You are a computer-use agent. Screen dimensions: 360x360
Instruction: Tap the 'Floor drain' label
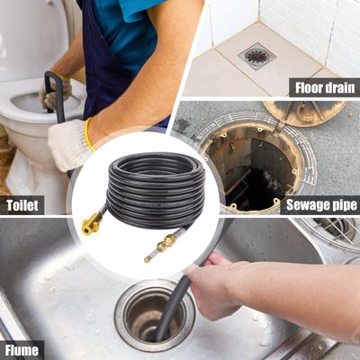tap(323, 87)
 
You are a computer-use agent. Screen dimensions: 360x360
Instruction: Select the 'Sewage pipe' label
tap(319, 204)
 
